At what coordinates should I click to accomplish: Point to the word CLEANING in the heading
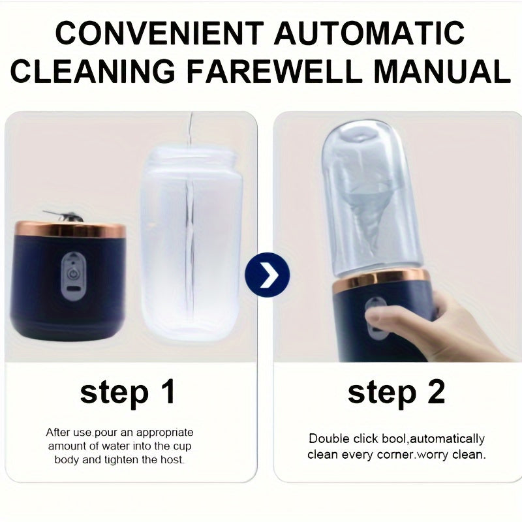pyautogui.click(x=93, y=71)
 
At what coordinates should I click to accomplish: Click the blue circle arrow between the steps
pyautogui.click(x=268, y=275)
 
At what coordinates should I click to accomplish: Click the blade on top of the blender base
pyautogui.click(x=63, y=216)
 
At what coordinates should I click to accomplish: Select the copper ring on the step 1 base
pyautogui.click(x=70, y=230)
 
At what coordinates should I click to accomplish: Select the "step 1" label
pyautogui.click(x=127, y=393)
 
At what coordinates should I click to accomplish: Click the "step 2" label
pyautogui.click(x=396, y=393)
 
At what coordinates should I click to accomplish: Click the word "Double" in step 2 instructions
pyautogui.click(x=330, y=438)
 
